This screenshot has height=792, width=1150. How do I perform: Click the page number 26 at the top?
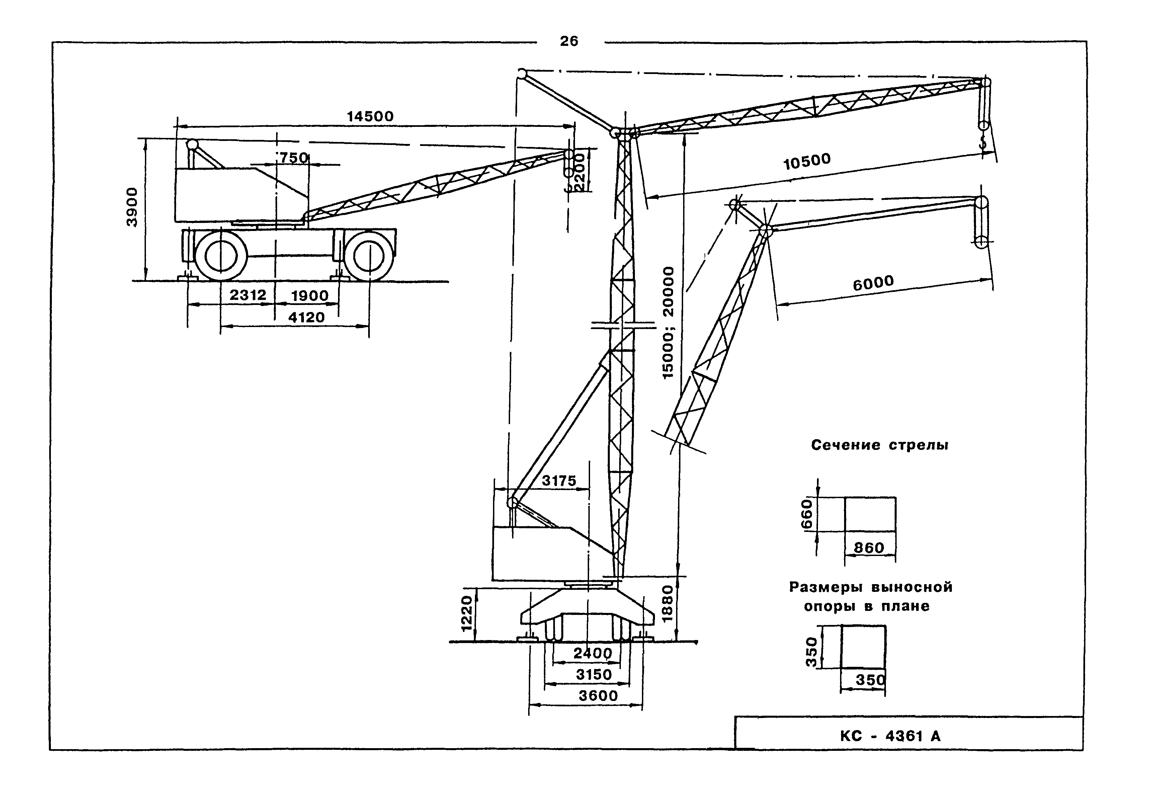[569, 41]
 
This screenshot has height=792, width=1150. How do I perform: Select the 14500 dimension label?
[370, 116]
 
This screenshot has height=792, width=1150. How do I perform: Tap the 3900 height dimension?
[132, 207]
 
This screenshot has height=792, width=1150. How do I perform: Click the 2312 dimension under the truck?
[248, 295]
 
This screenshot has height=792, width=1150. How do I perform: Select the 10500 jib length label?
[807, 161]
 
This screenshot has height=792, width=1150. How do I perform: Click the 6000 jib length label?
[873, 283]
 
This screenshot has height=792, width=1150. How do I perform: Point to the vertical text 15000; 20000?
[669, 323]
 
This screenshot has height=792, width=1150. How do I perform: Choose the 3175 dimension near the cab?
[559, 480]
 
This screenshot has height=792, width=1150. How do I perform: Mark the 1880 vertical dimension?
[668, 604]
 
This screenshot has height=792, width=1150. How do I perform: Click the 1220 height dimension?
[466, 614]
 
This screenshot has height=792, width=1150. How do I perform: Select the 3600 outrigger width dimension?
[598, 696]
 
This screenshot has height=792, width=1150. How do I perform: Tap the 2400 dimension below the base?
[593, 653]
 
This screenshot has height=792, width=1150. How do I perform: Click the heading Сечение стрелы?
[880, 445]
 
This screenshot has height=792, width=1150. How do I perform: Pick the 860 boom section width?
[869, 548]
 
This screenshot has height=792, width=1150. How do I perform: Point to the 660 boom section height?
[807, 514]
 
